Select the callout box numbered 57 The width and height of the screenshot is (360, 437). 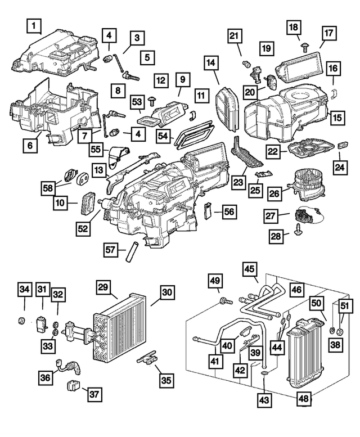coord(111,248)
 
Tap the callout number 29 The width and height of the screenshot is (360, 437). coord(103,287)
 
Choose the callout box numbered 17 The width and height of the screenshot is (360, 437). coord(327,33)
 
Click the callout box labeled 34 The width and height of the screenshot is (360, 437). coord(24,290)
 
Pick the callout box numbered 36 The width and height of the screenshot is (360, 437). coord(47,377)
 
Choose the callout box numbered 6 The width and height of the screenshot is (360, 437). coord(31,145)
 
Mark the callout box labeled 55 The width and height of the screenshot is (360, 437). coord(96,149)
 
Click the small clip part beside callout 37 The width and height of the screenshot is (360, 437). coord(73,386)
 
